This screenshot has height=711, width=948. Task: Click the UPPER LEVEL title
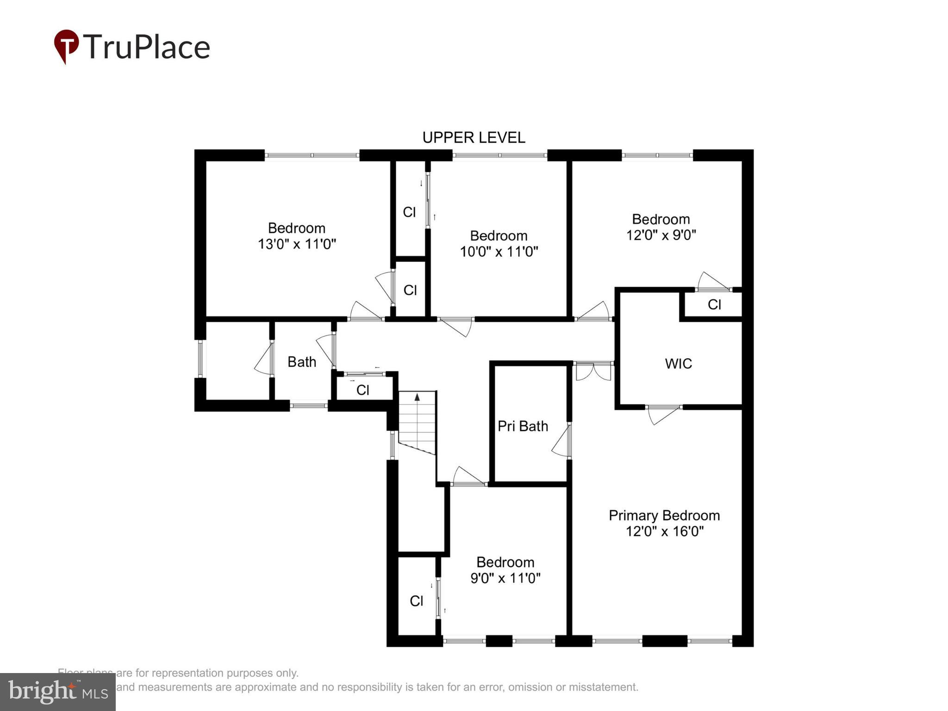click(474, 137)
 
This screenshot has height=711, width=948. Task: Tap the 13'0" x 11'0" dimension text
click(297, 244)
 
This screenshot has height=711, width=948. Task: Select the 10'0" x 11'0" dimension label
click(499, 252)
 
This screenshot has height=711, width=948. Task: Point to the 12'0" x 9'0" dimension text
click(661, 235)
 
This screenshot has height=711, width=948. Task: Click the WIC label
click(678, 364)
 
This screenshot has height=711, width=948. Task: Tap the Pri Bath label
click(523, 426)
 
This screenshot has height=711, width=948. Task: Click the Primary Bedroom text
click(664, 516)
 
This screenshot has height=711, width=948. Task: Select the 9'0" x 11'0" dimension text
click(505, 578)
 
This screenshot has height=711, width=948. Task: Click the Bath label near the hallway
click(302, 362)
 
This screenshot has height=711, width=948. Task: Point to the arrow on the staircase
click(417, 397)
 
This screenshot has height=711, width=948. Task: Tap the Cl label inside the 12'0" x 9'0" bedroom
click(714, 305)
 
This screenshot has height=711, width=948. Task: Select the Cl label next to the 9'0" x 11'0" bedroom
click(416, 601)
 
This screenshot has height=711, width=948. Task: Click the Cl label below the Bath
click(362, 390)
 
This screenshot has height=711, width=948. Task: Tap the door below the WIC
click(663, 413)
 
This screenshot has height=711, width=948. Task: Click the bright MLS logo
click(58, 692)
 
